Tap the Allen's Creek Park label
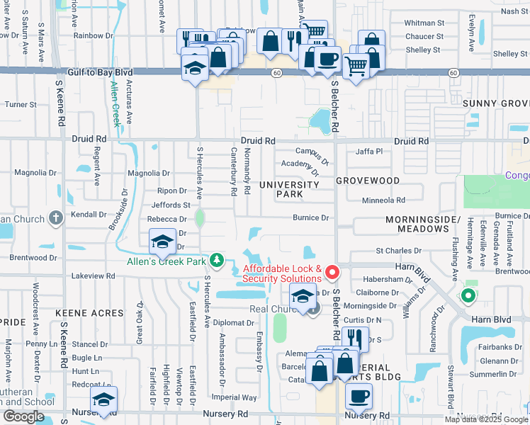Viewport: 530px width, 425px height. [x=166, y=263]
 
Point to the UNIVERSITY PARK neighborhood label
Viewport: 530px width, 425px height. [x=289, y=189]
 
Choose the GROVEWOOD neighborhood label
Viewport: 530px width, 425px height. [x=368, y=181]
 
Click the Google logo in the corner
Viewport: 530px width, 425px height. [x=24, y=416]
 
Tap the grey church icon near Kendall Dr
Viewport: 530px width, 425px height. [x=56, y=219]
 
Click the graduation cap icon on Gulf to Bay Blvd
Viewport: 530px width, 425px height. [x=194, y=67]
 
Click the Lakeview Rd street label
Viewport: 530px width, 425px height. [x=94, y=276]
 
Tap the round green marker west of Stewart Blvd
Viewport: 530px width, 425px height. [x=467, y=296]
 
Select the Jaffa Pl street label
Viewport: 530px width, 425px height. [x=369, y=151]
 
